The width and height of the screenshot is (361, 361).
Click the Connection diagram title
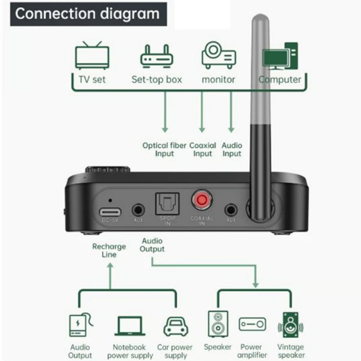pos(87,14)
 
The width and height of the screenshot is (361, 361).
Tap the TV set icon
pos(92,56)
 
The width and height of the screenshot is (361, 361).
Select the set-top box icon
pos(156,57)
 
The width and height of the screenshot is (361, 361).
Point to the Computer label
pos(280,80)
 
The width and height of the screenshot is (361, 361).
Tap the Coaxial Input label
pos(202,150)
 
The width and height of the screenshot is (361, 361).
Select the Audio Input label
pos(232,150)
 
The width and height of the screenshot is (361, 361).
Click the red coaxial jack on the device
pos(202,199)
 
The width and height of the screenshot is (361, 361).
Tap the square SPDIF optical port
pos(167,203)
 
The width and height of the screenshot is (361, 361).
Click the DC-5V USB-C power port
pos(110,212)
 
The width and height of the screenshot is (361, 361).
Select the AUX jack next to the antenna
pos(231,210)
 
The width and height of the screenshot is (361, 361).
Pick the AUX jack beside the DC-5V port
pos(138,210)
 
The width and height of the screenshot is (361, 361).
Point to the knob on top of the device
pos(107,169)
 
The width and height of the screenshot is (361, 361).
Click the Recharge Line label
pos(109,250)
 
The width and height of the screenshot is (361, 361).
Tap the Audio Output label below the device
pos(152,245)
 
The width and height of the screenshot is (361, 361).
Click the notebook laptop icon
pos(130,326)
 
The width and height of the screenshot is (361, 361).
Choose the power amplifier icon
pos(252,324)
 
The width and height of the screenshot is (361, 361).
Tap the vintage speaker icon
pos(291,325)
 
